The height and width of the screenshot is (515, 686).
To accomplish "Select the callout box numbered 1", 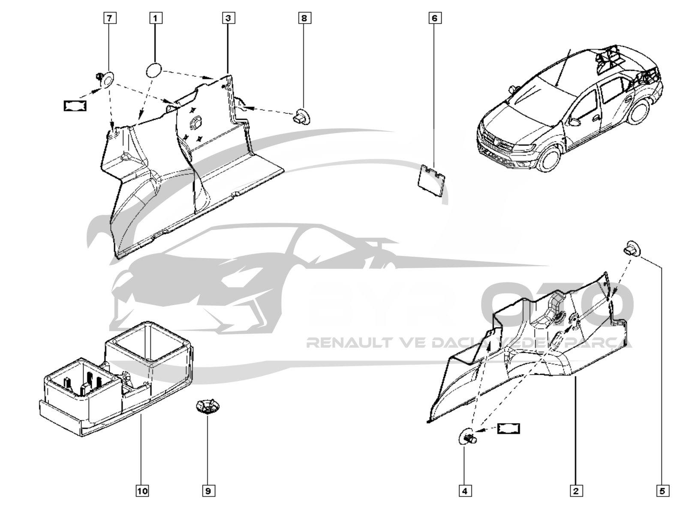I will pyautogui.click(x=156, y=18).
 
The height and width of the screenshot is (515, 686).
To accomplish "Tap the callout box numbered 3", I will pyautogui.click(x=229, y=18).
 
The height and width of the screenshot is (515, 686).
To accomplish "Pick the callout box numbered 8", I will pyautogui.click(x=304, y=18).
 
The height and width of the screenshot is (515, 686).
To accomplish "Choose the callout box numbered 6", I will pyautogui.click(x=435, y=18).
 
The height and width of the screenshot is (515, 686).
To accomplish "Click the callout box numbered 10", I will pyautogui.click(x=142, y=491).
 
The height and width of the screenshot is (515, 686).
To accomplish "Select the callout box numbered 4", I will pyautogui.click(x=465, y=491).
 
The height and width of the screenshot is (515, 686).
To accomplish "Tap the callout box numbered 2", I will pyautogui.click(x=576, y=491).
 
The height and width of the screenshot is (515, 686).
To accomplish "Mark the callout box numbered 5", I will pyautogui.click(x=662, y=491).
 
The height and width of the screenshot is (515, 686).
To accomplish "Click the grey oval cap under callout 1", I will pyautogui.click(x=154, y=70).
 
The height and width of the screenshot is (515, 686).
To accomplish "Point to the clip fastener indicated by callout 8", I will pyautogui.click(x=302, y=116).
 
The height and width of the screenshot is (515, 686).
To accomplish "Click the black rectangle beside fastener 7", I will pyautogui.click(x=75, y=106).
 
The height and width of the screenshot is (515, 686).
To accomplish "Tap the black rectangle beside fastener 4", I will pyautogui.click(x=508, y=428).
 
